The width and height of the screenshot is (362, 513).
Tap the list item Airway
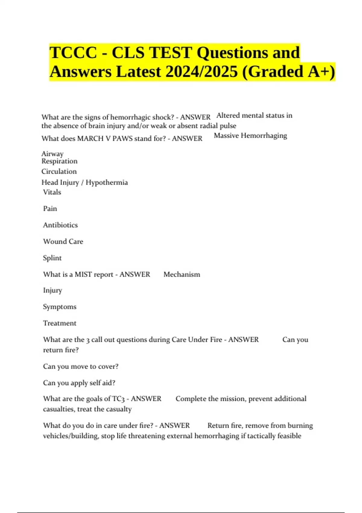[x=52, y=154]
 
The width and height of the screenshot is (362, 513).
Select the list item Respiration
[x=59, y=161]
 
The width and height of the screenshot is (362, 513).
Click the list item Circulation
[x=59, y=171]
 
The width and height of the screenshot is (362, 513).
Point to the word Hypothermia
[x=107, y=182]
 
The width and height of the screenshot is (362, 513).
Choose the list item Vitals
[x=52, y=192]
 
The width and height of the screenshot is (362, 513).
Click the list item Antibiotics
[x=60, y=225]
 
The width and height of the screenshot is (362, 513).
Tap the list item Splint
[x=52, y=258]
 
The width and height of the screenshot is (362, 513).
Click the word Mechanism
[x=182, y=274]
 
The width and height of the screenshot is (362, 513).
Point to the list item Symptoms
[x=60, y=307]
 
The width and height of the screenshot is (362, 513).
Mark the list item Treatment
[x=60, y=323]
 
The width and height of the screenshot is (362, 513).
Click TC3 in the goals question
[x=118, y=399]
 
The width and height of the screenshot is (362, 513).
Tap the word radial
[x=209, y=126]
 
